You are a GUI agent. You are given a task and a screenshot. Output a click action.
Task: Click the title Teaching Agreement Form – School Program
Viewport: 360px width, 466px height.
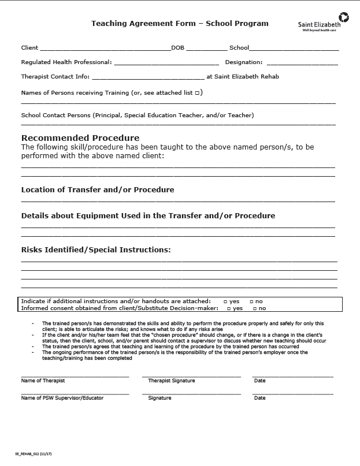[x=180, y=24]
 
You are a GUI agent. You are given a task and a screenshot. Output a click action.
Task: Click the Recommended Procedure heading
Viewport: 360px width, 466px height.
[x=80, y=138]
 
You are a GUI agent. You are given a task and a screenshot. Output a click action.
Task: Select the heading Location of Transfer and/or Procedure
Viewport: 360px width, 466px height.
[x=98, y=189]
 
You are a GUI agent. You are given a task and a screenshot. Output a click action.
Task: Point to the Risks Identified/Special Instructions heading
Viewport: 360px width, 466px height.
[x=96, y=250]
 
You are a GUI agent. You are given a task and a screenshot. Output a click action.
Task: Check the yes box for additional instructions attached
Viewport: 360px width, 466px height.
[x=225, y=301]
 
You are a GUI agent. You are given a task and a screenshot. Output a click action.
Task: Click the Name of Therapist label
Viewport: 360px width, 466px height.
[x=43, y=381]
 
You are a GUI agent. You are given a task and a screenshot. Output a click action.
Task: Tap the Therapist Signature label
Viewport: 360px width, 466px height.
[x=172, y=381]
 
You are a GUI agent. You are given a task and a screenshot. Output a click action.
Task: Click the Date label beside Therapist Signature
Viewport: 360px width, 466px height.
[x=259, y=381]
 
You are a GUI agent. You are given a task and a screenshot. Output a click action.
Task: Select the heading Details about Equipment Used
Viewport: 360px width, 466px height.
[x=148, y=216]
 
